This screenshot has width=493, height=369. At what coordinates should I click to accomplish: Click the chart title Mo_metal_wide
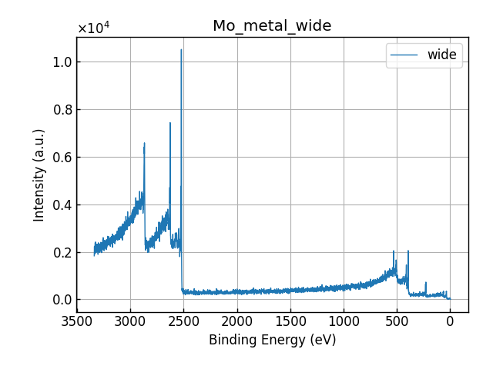pos(272,26)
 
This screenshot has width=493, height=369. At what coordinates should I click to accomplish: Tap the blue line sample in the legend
pos(405,55)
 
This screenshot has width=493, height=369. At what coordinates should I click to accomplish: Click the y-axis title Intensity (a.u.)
pos(39,175)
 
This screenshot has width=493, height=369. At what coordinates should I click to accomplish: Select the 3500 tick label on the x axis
pos(77,320)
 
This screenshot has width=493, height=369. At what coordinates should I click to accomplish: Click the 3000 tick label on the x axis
pos(130,320)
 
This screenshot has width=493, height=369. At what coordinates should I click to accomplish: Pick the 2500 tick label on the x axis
pos(183,320)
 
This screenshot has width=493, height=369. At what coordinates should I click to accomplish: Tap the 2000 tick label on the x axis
pos(237,320)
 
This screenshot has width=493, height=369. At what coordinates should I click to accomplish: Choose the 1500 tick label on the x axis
pos(290,320)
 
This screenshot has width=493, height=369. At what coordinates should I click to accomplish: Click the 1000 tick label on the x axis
pos(344,320)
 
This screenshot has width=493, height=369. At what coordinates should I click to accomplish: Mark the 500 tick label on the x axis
pos(397,320)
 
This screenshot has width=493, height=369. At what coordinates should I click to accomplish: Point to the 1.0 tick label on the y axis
pos(61,62)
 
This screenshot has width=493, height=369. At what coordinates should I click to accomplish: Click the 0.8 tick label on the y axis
pos(61,110)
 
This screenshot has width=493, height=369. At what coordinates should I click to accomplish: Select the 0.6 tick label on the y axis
pos(61,158)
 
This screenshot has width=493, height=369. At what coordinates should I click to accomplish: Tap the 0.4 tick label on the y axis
pos(61,205)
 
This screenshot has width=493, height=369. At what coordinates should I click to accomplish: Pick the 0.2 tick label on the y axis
pos(61,253)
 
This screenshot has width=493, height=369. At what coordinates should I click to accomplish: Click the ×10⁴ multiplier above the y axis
pos(93,28)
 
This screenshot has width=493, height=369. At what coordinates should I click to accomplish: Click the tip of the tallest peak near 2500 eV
pos(181,50)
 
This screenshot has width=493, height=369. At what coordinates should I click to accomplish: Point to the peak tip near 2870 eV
pos(144,143)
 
